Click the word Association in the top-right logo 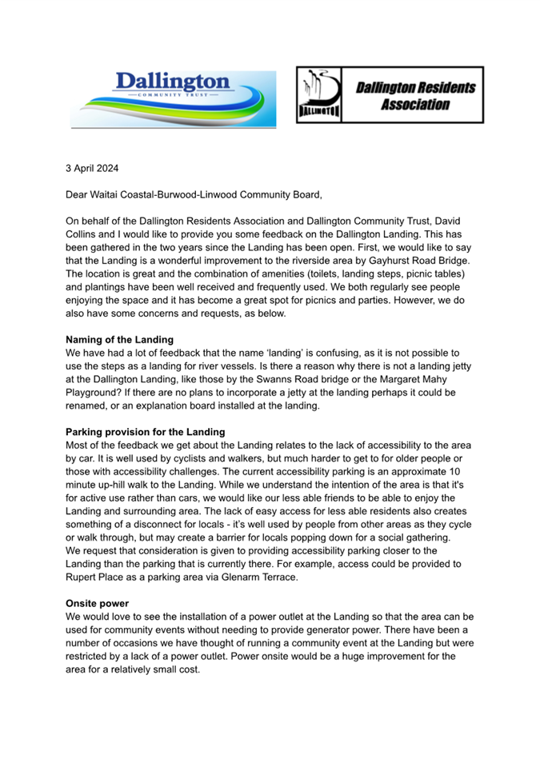pos(414,105)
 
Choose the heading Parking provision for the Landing pos(145,432)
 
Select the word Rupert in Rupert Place pos(82,576)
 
